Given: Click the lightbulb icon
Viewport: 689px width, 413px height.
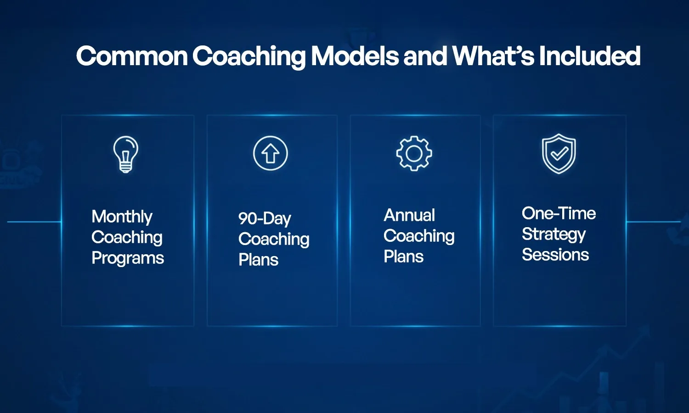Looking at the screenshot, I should tap(126, 154).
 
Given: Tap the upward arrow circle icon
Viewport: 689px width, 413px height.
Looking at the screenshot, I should tap(271, 153).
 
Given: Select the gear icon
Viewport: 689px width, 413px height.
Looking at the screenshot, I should tap(414, 154).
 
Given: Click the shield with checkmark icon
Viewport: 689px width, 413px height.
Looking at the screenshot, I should tap(559, 154).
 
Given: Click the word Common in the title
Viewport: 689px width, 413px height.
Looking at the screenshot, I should tap(132, 56).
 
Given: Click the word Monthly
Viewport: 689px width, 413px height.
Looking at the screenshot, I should tap(122, 217).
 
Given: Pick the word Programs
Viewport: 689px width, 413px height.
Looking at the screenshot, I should tap(128, 258).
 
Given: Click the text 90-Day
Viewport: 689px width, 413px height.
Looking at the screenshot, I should tap(265, 218).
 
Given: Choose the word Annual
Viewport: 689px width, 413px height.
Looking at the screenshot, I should tap(409, 215).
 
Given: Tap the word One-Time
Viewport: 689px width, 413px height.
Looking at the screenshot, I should tap(559, 213).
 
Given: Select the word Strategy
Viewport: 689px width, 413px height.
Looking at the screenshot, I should tap(553, 234).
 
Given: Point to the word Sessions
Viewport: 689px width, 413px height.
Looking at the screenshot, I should tap(555, 255).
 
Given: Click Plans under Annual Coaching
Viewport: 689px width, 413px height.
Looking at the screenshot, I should tap(403, 257).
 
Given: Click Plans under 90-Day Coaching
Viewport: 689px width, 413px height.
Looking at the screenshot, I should tap(258, 260).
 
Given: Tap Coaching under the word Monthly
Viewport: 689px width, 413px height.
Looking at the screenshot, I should tap(127, 237).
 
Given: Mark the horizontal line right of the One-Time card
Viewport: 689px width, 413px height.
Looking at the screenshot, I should tap(653, 222).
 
